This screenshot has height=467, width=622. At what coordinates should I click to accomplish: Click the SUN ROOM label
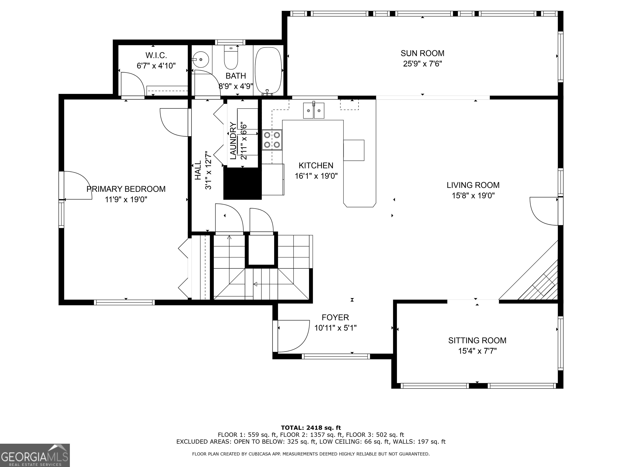(x=422, y=53)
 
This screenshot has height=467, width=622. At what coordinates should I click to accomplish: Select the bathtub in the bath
(x=268, y=70)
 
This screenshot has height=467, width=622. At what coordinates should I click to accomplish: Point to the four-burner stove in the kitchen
(x=272, y=140)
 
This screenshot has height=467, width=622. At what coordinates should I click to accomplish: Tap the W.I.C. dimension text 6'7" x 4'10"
(x=156, y=66)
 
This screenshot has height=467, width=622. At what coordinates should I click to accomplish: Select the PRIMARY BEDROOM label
(x=126, y=189)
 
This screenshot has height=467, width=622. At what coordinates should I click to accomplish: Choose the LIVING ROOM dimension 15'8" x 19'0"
(x=473, y=196)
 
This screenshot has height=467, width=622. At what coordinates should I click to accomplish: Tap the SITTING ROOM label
(x=477, y=340)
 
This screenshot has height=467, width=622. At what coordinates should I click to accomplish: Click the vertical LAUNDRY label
(x=233, y=141)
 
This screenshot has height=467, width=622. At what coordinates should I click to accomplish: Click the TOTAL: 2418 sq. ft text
(x=311, y=428)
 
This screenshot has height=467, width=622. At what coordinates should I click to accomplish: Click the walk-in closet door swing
(x=132, y=84)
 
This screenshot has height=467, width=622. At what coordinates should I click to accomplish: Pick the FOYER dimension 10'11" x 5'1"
(x=335, y=328)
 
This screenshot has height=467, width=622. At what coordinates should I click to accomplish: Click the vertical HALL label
(x=198, y=170)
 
